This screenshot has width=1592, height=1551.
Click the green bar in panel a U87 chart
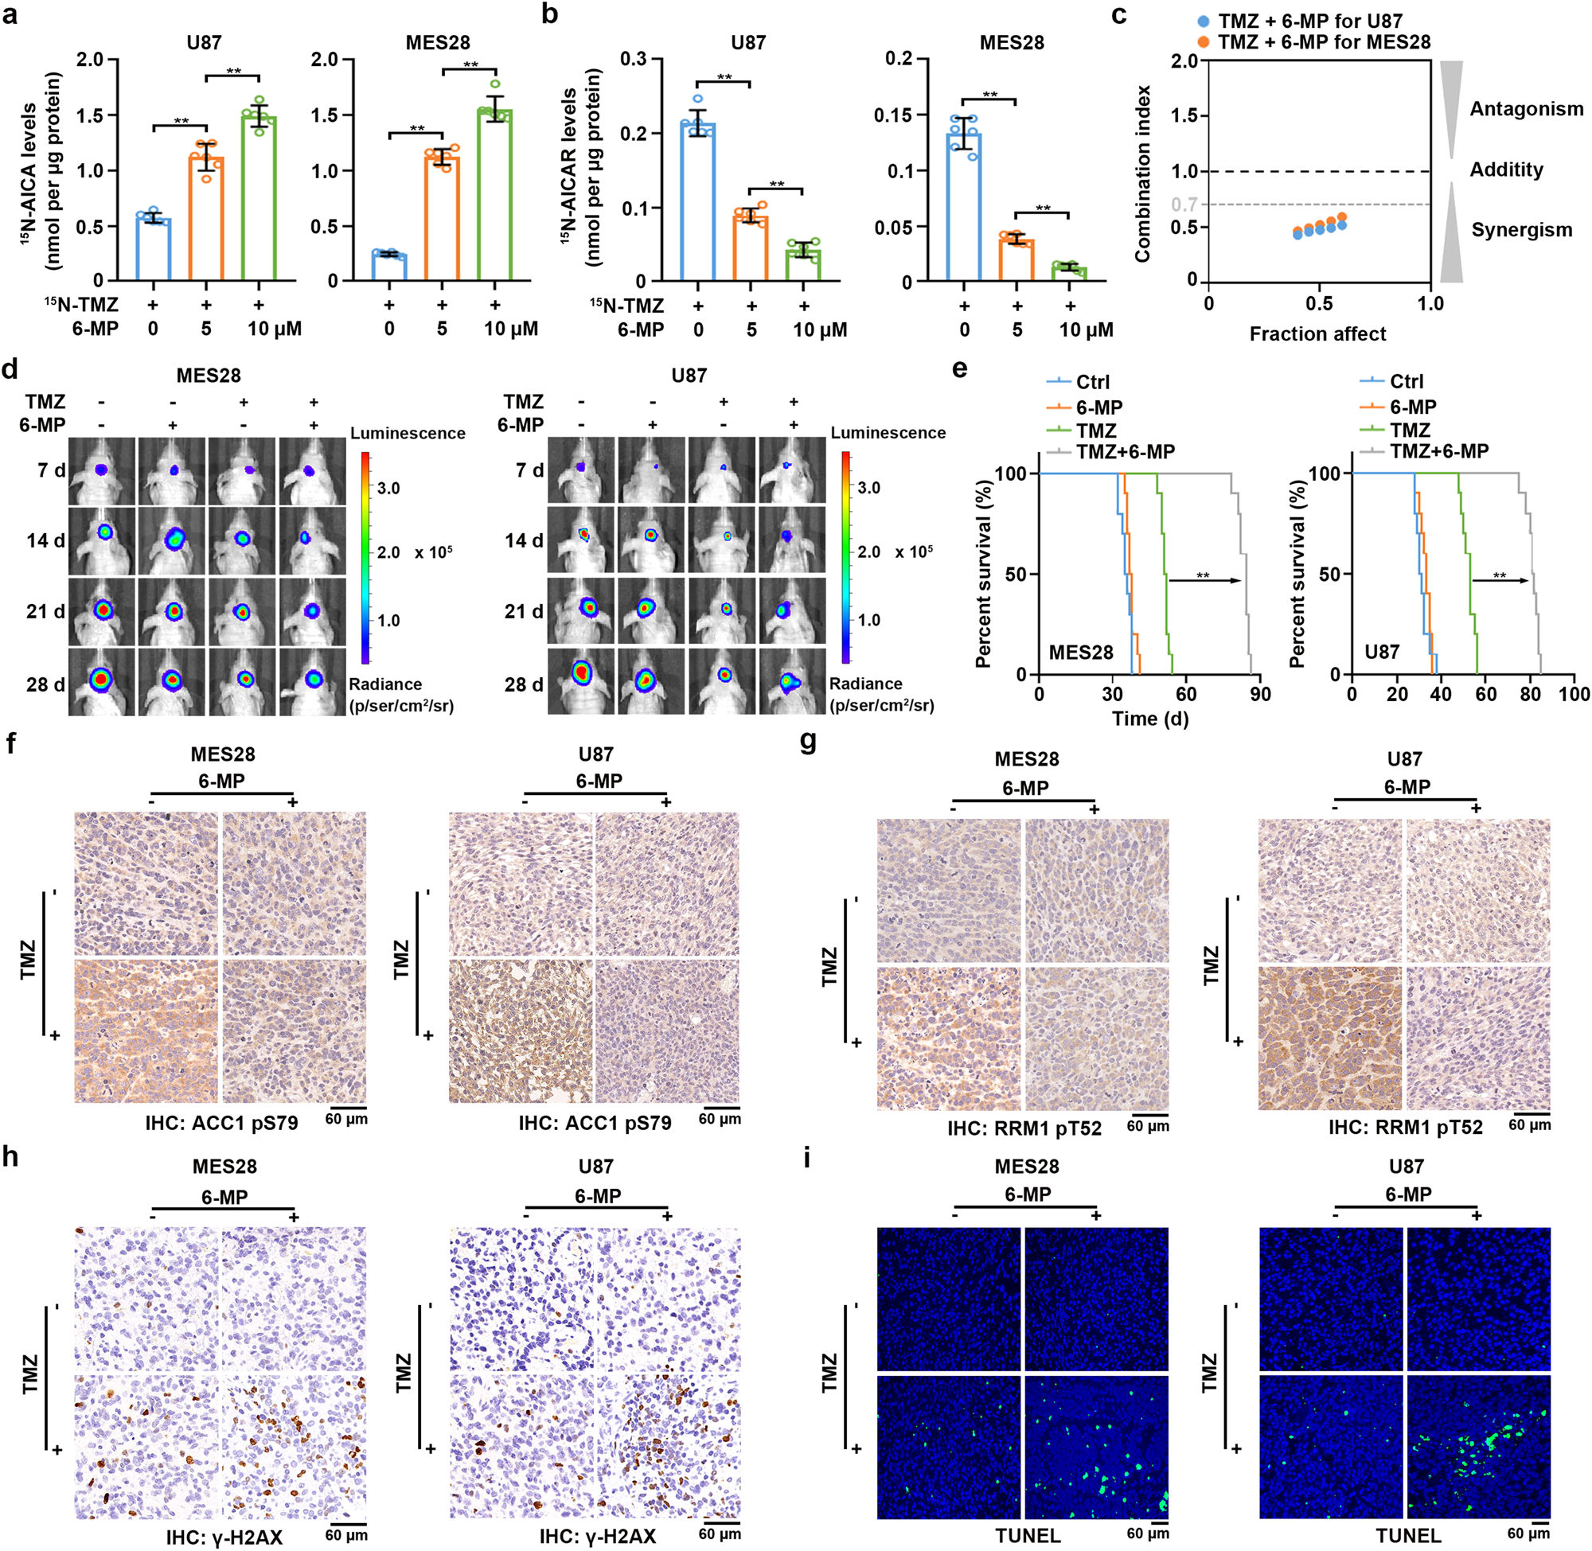(258, 200)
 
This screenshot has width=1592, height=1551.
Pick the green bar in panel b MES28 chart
(1069, 273)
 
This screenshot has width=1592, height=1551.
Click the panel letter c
(1120, 14)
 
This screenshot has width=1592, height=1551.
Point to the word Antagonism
(1526, 109)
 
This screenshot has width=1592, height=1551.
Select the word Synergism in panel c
(1521, 230)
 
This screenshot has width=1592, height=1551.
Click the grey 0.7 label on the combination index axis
(1184, 204)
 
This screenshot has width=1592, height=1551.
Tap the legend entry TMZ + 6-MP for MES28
(1323, 42)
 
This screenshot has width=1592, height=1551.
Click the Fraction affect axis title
(1317, 334)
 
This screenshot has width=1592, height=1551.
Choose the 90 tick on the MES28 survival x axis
(1260, 694)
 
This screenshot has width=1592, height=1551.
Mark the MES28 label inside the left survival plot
(1080, 653)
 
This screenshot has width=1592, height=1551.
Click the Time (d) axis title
(1149, 719)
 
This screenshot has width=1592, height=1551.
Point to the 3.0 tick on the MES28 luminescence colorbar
(388, 488)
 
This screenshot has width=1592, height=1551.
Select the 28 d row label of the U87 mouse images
(524, 684)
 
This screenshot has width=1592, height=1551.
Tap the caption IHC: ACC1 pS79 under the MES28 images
(221, 1123)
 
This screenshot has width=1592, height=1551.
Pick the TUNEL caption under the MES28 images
(1028, 1536)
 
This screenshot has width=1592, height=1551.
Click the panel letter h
(10, 1158)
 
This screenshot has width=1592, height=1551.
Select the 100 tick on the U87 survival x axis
(1574, 694)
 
